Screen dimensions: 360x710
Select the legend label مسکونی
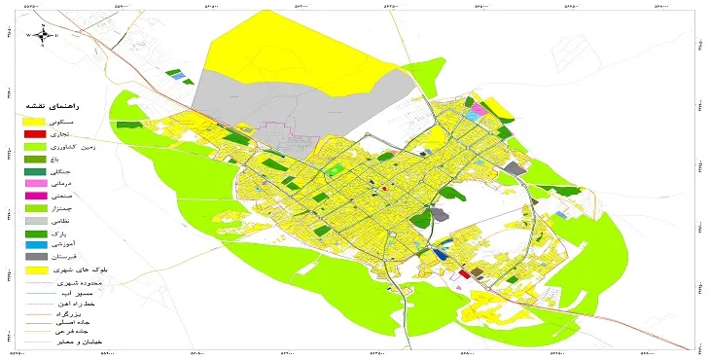point(72,120)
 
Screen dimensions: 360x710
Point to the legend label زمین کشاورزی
point(65,146)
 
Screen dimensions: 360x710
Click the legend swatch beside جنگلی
point(34,171)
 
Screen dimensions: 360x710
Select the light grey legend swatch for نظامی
point(34,222)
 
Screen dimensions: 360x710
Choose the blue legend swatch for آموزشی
point(34,247)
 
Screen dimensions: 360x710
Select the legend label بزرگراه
point(74,317)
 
